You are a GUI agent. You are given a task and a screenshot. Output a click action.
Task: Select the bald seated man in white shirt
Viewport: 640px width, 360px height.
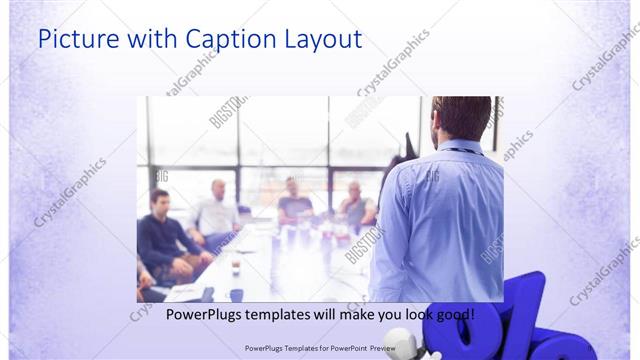tap(216, 210)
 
